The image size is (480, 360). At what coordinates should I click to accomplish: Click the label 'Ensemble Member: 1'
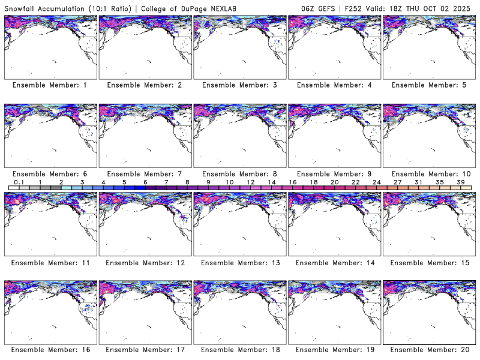point(50,85)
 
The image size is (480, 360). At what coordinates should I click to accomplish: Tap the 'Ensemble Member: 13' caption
point(239,262)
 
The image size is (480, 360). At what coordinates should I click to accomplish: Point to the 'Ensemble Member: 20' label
point(429,350)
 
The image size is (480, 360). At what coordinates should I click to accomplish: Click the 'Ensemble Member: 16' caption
point(50,350)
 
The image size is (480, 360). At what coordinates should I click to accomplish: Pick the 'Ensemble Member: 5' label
point(429,85)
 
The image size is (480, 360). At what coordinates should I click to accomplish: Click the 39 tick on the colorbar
point(461,182)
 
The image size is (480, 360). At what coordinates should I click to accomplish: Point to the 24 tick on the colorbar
point(376,182)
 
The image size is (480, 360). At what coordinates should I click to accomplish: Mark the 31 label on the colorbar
point(419,182)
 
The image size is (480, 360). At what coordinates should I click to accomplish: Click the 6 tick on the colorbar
point(145,182)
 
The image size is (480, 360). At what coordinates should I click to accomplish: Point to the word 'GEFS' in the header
point(322,7)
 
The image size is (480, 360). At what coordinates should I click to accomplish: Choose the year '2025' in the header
point(466,7)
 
